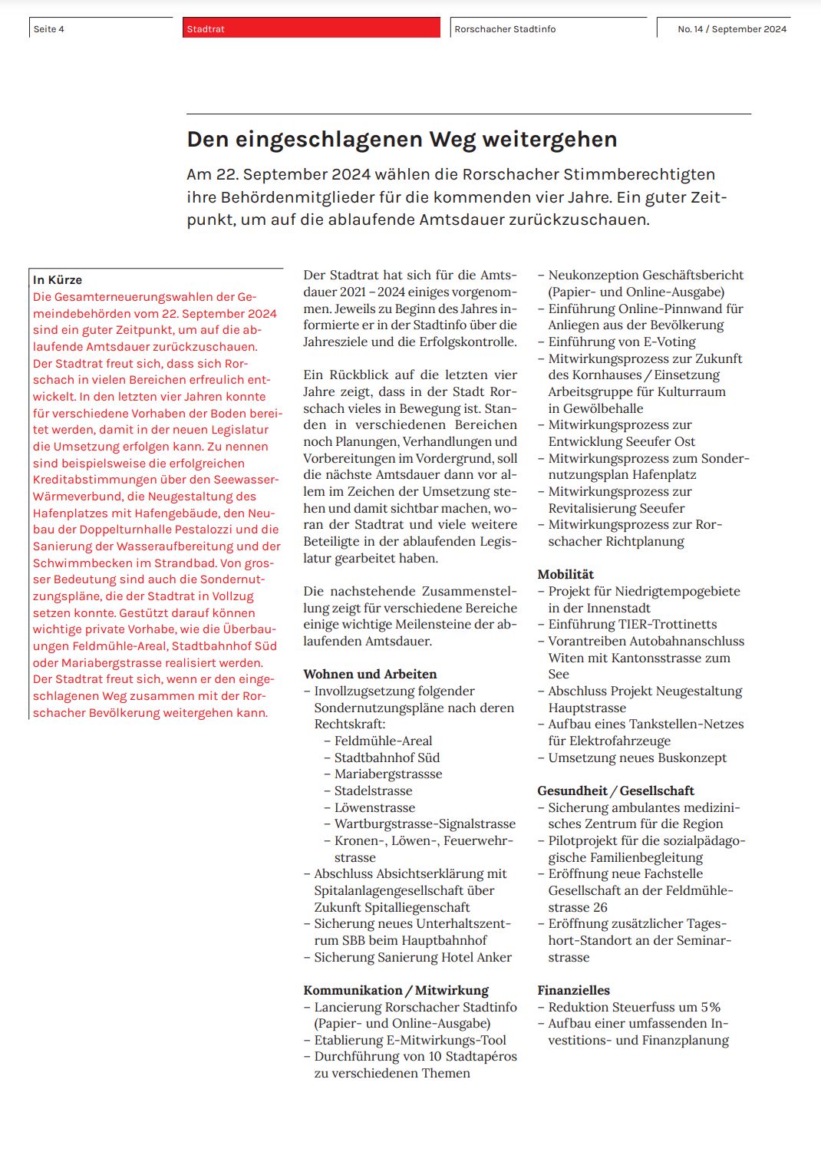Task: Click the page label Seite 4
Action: pos(49,29)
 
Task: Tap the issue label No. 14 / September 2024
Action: pos(731,29)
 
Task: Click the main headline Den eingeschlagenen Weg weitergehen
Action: pos(402,140)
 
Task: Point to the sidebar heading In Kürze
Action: pos(58,280)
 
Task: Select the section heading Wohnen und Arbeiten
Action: pos(370,674)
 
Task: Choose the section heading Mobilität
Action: pos(565,574)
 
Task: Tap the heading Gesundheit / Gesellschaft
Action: pos(615,790)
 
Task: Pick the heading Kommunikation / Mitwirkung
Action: pos(396,990)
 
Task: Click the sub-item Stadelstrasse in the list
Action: pos(373,790)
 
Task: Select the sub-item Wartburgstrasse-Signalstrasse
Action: pos(425,823)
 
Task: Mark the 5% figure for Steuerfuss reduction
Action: pos(710,1007)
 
